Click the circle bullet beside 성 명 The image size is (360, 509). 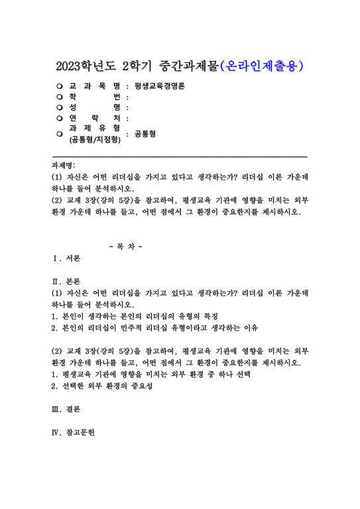click(60, 107)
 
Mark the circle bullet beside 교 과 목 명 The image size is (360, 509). click(60, 87)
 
